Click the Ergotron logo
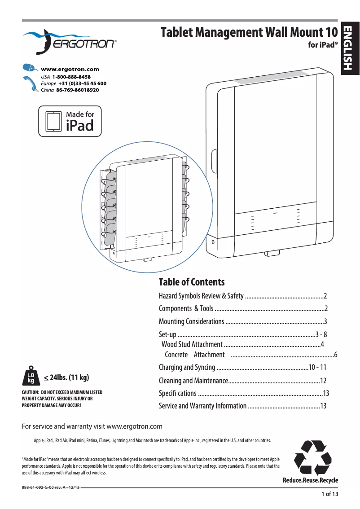[x=70, y=41]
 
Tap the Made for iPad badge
[x=70, y=121]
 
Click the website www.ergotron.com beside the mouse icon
[x=70, y=70]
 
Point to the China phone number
[x=77, y=90]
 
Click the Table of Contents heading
[x=192, y=282]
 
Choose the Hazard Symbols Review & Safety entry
[x=201, y=296]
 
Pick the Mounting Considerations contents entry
[x=191, y=321]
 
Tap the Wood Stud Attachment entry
[x=192, y=344]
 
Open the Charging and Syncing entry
[x=187, y=367]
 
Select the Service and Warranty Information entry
[x=202, y=406]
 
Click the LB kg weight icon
[x=31, y=376]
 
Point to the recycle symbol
[x=312, y=457]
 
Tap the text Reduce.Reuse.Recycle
[x=310, y=480]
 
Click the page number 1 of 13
[x=329, y=494]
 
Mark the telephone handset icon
[x=30, y=83]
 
